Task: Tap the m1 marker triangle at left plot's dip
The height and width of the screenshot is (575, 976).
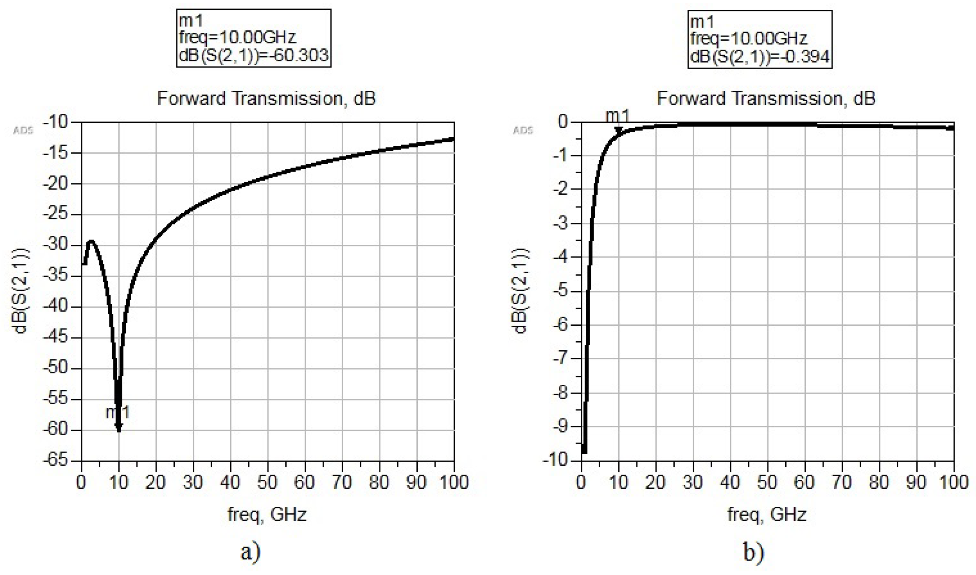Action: point(119,428)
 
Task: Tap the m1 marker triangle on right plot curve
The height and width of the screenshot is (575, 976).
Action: point(618,130)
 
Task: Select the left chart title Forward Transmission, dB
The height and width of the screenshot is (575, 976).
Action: point(266,99)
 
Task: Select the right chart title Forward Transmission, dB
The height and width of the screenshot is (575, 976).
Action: point(766,99)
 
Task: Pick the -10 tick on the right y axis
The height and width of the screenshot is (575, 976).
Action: point(557,460)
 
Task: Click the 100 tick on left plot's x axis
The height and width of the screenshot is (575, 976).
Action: point(453,482)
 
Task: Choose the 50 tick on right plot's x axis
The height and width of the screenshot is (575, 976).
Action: point(767,482)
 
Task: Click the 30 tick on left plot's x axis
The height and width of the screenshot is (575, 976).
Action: point(193,482)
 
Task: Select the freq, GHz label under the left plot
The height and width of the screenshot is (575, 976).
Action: point(267,514)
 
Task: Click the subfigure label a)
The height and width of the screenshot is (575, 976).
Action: point(250,552)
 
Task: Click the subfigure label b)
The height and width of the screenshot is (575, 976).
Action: point(753,552)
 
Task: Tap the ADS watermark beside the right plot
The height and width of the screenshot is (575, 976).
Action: point(523,131)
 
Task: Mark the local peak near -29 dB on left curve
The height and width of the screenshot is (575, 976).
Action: point(91,241)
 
